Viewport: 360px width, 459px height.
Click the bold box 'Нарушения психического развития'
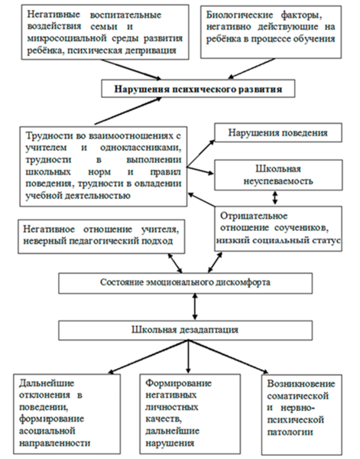click(x=198, y=89)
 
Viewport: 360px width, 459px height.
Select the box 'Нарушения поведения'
click(x=278, y=132)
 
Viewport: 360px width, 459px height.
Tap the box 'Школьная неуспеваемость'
click(x=278, y=175)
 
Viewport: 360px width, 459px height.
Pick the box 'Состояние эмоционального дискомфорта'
click(x=186, y=283)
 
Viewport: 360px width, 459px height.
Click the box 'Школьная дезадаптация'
click(x=186, y=330)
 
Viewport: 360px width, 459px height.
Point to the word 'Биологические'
click(x=239, y=15)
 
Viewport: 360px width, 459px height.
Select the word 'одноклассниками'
click(x=141, y=148)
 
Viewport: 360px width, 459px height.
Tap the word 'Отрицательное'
click(x=254, y=216)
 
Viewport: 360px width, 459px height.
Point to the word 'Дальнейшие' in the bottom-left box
click(x=47, y=383)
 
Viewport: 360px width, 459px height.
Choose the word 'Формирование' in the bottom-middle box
click(x=178, y=383)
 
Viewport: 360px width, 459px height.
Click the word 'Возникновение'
click(x=301, y=384)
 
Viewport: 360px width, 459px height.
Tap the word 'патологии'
click(x=290, y=431)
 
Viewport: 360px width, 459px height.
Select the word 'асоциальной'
click(x=47, y=431)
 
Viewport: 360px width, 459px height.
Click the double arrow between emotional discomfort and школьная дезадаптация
click(x=195, y=307)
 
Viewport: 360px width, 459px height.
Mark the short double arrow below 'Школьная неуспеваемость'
click(x=274, y=198)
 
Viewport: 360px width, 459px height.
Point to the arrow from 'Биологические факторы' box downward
click(x=251, y=69)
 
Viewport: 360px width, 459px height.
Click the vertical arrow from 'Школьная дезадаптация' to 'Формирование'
click(x=188, y=356)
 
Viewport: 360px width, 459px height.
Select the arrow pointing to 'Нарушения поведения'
click(x=201, y=153)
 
